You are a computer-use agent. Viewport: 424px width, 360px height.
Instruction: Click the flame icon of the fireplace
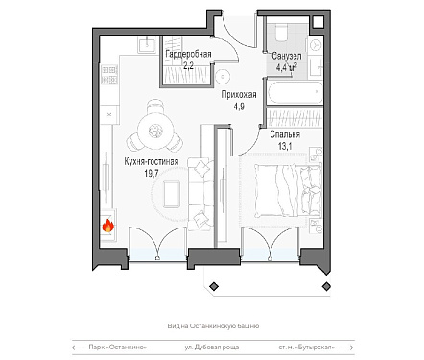click(108, 226)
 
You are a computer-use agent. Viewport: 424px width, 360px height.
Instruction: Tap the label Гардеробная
click(188, 54)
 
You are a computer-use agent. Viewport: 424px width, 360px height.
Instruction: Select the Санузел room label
click(286, 56)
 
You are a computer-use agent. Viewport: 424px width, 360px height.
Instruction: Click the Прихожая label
click(239, 95)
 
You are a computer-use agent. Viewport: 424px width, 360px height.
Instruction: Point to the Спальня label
click(285, 134)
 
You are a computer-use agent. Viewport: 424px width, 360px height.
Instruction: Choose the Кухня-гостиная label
click(152, 162)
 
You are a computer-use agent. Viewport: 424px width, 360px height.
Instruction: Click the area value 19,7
click(152, 174)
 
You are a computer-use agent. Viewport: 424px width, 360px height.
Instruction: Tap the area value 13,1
click(285, 147)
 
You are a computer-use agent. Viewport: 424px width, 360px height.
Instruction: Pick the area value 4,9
click(239, 107)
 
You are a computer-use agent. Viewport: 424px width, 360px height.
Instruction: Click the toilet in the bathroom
click(281, 34)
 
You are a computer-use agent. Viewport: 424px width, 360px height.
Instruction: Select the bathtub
click(294, 92)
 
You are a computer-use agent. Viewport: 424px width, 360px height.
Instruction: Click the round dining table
click(155, 130)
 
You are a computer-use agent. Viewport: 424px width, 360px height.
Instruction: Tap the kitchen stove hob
click(109, 75)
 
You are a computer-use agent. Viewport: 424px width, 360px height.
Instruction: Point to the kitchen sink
click(148, 44)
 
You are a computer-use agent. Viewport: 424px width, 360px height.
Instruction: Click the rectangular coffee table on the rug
click(172, 194)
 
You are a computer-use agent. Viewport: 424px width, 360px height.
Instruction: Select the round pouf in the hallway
click(222, 77)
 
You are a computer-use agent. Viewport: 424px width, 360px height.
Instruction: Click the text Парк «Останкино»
click(118, 348)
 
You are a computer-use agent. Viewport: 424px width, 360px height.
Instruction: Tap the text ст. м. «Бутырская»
click(307, 348)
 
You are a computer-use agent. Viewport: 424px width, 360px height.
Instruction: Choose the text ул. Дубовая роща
click(212, 348)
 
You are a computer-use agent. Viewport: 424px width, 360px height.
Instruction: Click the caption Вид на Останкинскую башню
click(213, 326)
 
